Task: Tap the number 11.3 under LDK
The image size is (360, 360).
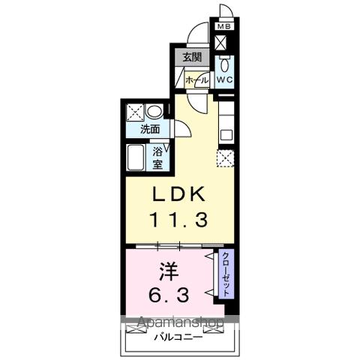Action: (x=179, y=220)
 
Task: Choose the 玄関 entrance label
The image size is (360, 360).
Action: (x=192, y=58)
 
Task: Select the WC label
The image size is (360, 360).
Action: (x=226, y=78)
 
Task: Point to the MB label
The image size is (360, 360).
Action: (x=223, y=28)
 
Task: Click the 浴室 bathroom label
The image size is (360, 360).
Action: (x=160, y=156)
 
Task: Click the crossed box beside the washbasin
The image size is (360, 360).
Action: (x=135, y=112)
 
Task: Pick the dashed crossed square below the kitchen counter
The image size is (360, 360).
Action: (x=224, y=158)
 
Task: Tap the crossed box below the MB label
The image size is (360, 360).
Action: (x=223, y=42)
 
